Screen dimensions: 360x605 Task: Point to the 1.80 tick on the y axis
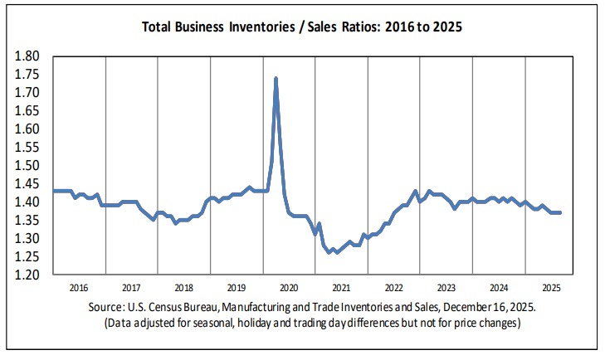click(28, 56)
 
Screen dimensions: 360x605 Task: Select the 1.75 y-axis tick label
click(28, 75)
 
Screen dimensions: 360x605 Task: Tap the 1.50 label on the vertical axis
click(28, 165)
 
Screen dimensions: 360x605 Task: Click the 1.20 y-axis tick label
click(28, 275)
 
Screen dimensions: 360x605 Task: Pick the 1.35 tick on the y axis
click(28, 220)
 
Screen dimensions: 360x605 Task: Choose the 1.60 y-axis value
click(28, 129)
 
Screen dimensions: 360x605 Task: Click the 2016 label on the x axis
click(79, 289)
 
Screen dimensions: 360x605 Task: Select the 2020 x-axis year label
click(289, 289)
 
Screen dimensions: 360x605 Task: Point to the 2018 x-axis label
click(183, 289)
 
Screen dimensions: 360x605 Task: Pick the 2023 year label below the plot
click(446, 289)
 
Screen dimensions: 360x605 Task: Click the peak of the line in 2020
click(276, 78)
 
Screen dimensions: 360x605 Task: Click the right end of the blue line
click(560, 212)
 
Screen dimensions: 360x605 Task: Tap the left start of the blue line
click(54, 191)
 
